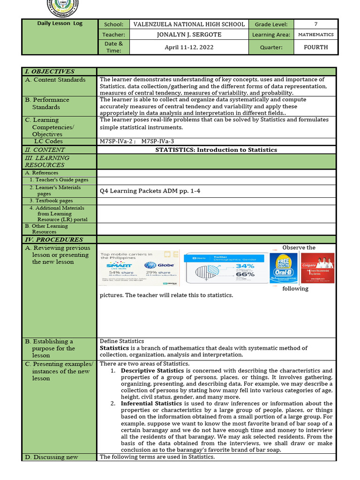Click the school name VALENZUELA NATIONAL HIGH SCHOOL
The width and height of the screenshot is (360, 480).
189,24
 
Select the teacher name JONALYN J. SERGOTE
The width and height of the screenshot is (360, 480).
189,35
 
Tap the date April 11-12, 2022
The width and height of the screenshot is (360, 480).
189,47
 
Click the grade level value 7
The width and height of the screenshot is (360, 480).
315,24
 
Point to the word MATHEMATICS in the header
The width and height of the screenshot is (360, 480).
315,35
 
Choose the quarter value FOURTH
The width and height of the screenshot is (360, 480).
315,47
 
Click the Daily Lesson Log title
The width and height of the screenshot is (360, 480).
60,23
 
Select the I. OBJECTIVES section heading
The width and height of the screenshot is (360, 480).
50,72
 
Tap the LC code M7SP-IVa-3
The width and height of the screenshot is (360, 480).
158,142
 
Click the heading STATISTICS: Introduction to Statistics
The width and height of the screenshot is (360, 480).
216,150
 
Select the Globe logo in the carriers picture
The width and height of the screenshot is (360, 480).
154,265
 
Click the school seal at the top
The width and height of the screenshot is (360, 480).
63,6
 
